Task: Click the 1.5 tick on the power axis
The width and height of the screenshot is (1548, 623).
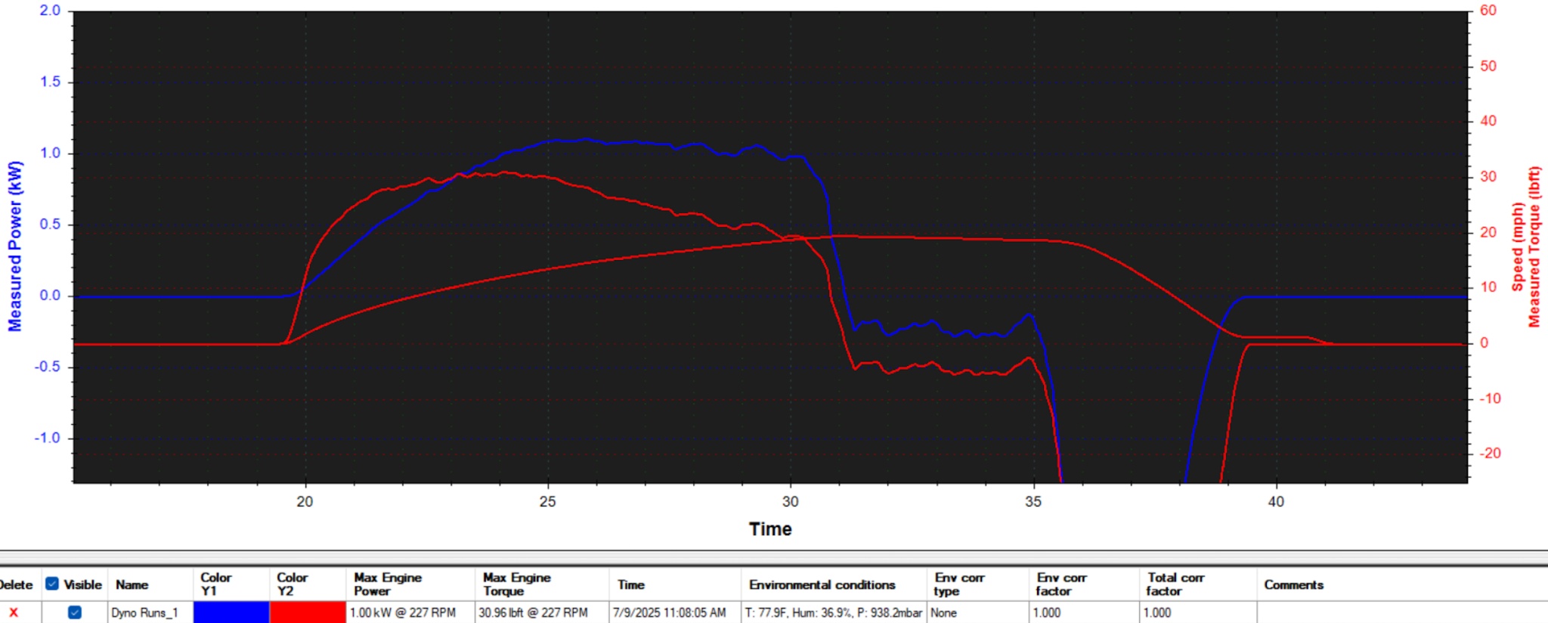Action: tap(51, 82)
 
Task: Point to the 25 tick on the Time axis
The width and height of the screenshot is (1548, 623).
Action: tap(547, 501)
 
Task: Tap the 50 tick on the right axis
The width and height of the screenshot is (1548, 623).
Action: tap(1488, 66)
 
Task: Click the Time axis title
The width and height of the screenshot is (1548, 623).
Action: tap(770, 529)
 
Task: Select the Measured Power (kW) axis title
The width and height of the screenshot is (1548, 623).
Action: tap(15, 246)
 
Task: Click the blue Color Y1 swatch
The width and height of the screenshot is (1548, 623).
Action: tap(231, 612)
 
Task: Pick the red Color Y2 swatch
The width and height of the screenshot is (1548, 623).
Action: tap(308, 612)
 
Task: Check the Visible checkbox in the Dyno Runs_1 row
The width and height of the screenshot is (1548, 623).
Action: tap(75, 612)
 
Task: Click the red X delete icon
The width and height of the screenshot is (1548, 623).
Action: tap(14, 612)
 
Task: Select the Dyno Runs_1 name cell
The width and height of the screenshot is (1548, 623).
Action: tap(144, 612)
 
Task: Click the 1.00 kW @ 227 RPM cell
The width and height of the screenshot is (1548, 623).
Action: tap(403, 612)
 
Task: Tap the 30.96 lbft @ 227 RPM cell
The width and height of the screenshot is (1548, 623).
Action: tap(533, 612)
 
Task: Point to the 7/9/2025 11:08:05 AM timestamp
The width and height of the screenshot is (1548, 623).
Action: tap(669, 612)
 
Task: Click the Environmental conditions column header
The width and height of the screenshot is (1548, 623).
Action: tap(822, 584)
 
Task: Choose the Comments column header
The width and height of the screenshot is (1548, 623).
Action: tap(1293, 584)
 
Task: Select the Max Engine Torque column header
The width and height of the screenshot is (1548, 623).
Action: tap(517, 584)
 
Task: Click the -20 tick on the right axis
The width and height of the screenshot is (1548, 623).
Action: tap(1490, 453)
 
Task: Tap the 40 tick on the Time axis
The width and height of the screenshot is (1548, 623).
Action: tap(1276, 501)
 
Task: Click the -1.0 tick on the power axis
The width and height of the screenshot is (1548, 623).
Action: tap(47, 438)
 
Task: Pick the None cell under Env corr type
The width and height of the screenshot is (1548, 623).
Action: tap(943, 612)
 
